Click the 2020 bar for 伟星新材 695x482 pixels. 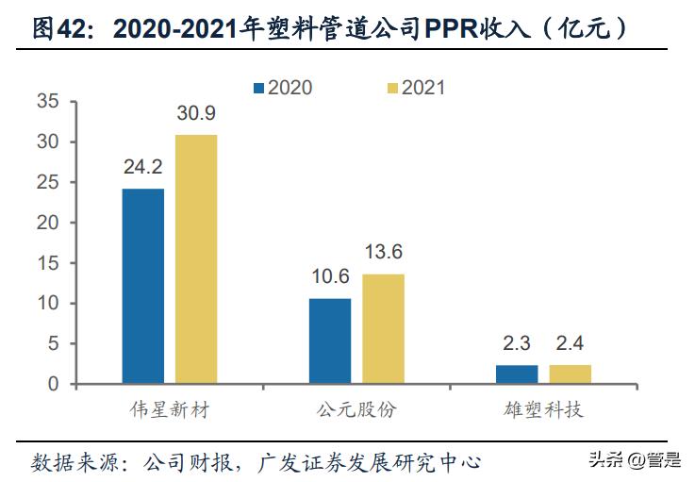(x=142, y=287)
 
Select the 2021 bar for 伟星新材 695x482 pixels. (x=196, y=259)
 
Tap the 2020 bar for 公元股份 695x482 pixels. (x=330, y=341)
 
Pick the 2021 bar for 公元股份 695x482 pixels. (x=383, y=329)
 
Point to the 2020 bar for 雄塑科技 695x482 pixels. (x=517, y=374)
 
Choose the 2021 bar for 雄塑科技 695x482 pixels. (x=571, y=374)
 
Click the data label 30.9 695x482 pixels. (x=196, y=113)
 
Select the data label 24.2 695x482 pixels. (x=142, y=168)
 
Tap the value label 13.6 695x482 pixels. (x=383, y=253)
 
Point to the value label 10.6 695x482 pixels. (x=330, y=277)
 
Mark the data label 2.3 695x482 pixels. (x=517, y=344)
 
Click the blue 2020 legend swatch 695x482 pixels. (x=258, y=88)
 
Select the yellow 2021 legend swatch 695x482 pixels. (x=393, y=88)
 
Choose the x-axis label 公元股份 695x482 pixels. (x=356, y=411)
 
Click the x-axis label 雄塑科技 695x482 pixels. (x=543, y=411)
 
